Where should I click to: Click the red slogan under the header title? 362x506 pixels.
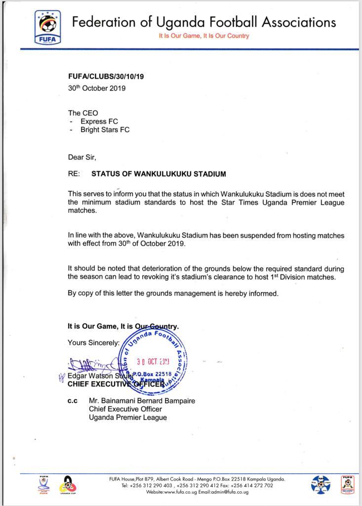[204, 36]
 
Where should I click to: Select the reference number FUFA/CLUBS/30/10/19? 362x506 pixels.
[106, 77]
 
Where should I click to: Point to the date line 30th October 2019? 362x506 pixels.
[97, 88]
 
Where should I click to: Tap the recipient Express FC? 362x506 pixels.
[99, 122]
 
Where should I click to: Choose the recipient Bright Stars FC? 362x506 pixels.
[105, 130]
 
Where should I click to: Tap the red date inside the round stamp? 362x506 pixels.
[153, 361]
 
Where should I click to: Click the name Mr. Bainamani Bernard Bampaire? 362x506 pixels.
[142, 401]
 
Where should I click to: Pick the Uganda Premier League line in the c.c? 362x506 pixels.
[127, 418]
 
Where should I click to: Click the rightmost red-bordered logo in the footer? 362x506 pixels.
[348, 485]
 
